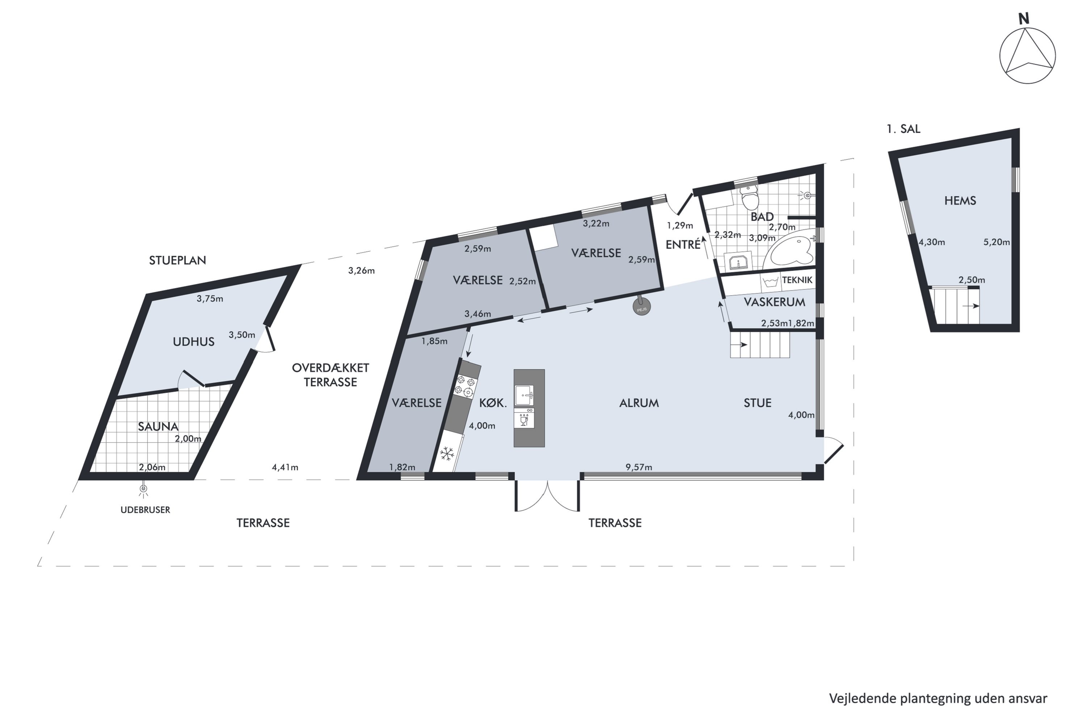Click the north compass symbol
(1027, 55)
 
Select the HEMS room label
(960, 201)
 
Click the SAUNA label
(158, 426)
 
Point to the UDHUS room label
(193, 342)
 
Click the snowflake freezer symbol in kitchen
(446, 454)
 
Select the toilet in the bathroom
(749, 198)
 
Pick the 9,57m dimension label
(639, 467)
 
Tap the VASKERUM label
(774, 302)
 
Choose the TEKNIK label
(797, 280)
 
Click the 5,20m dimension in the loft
(996, 242)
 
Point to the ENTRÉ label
(683, 245)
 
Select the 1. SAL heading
(903, 129)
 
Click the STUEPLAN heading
(177, 260)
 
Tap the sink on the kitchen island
(525, 396)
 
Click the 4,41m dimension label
(285, 467)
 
